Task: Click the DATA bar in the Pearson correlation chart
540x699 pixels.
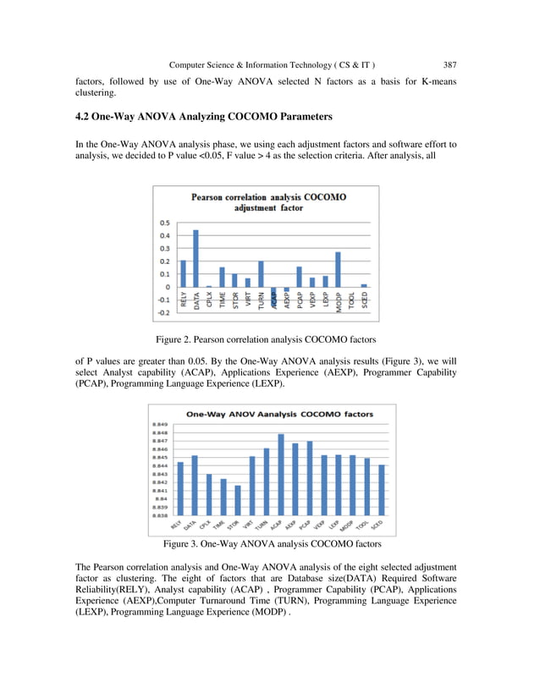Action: click(196, 258)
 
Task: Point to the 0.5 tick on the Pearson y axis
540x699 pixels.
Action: click(164, 223)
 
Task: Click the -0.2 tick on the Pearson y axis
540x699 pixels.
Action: click(163, 312)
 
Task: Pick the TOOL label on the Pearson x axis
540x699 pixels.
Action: click(351, 302)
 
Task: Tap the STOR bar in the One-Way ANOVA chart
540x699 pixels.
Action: click(238, 499)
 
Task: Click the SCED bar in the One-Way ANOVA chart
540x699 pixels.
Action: click(382, 489)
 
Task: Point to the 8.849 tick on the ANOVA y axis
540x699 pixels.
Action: click(160, 424)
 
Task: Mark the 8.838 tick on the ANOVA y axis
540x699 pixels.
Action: click(160, 515)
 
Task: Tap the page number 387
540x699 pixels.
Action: click(449, 63)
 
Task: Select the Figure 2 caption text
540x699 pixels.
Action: click(269, 339)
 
